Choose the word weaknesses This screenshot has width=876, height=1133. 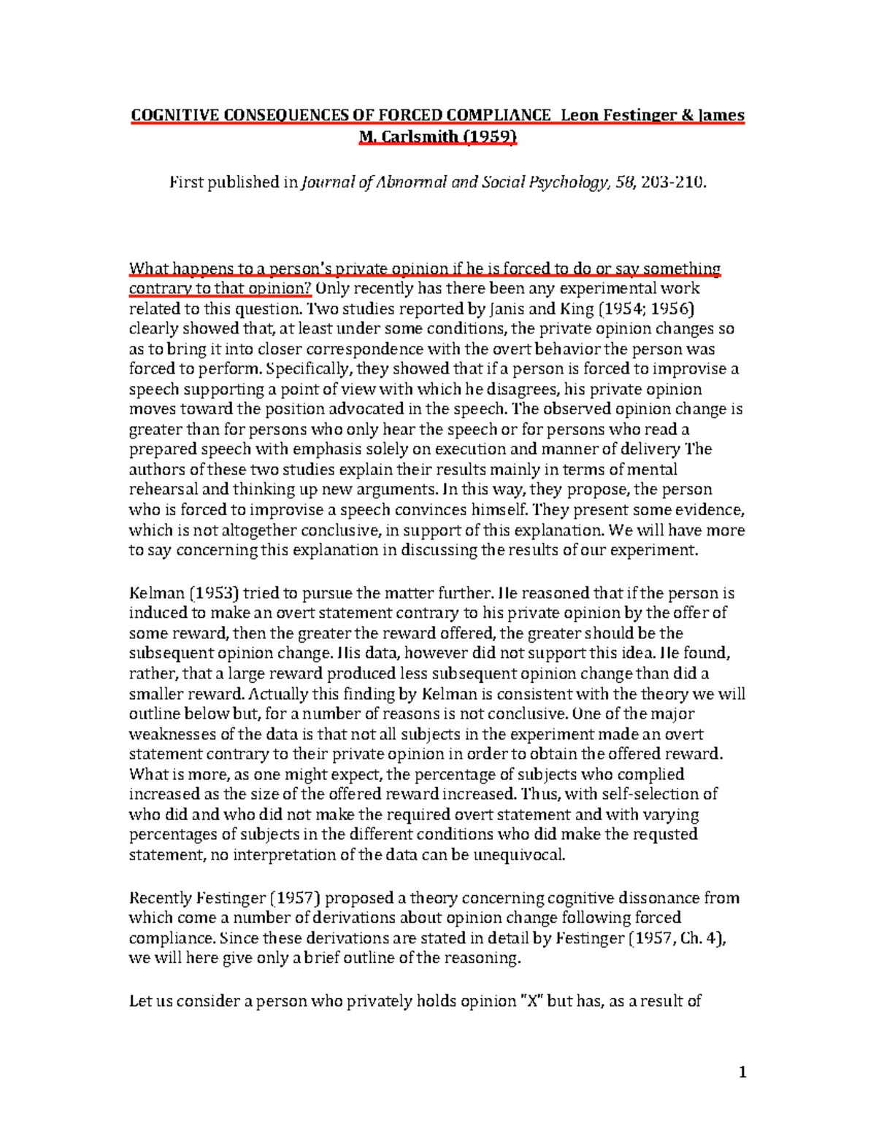[172, 734]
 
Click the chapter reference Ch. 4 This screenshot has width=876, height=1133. [701, 938]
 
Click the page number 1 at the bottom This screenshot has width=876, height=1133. [742, 1072]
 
